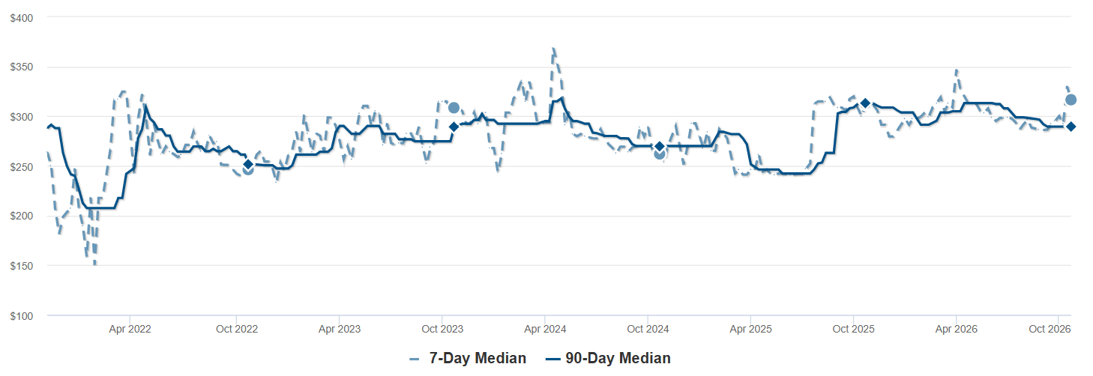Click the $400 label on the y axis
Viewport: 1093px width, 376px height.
(22, 18)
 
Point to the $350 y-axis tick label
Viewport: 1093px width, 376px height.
(22, 67)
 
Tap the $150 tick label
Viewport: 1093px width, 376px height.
(22, 266)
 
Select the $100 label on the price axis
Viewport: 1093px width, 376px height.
(22, 316)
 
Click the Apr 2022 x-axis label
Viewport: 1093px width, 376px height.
(130, 329)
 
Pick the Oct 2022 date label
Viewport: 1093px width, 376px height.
(237, 329)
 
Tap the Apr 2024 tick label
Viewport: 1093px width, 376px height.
(545, 329)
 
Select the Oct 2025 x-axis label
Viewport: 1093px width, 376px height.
(853, 329)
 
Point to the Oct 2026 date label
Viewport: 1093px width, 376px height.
(1050, 329)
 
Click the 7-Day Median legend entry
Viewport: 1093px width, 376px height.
(468, 359)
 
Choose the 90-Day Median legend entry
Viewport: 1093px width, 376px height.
(608, 359)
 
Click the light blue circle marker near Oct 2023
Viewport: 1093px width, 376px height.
(454, 108)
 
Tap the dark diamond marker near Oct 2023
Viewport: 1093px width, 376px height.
(454, 127)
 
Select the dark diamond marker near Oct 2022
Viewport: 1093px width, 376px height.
(248, 164)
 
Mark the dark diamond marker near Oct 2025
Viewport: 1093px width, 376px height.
(865, 103)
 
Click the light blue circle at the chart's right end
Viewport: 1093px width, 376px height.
(1071, 100)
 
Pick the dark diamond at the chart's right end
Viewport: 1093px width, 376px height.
(1071, 127)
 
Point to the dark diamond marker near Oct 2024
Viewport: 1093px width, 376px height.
(659, 146)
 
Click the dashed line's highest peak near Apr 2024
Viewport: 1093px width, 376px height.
(553, 48)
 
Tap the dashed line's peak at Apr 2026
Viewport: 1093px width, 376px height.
(957, 70)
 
